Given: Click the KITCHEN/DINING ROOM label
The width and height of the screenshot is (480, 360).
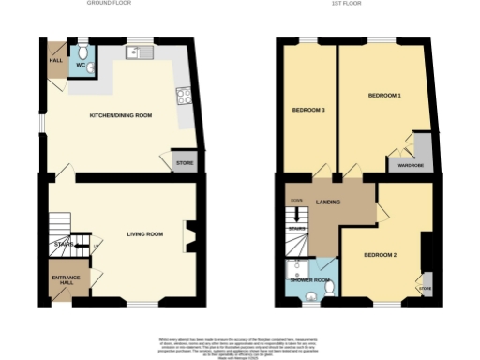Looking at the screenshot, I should pos(120,116).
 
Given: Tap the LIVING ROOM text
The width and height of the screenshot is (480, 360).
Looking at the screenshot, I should pos(145,233).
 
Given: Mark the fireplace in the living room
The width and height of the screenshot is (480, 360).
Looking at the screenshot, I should pos(190,235).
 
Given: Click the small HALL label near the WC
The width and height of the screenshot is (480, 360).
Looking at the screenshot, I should pos(55,61).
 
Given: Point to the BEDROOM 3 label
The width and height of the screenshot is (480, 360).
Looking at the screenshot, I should pos(308,111).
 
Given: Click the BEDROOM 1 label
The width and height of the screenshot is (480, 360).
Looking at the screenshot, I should pos(383,96).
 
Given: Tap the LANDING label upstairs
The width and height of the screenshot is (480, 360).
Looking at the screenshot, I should pos(327,202).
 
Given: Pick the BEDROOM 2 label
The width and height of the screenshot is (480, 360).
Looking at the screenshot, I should pos(381,255).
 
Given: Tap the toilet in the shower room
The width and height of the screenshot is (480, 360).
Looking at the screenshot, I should pos(312,297).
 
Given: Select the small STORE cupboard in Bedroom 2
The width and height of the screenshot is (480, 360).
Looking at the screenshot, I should pos(426,289).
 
